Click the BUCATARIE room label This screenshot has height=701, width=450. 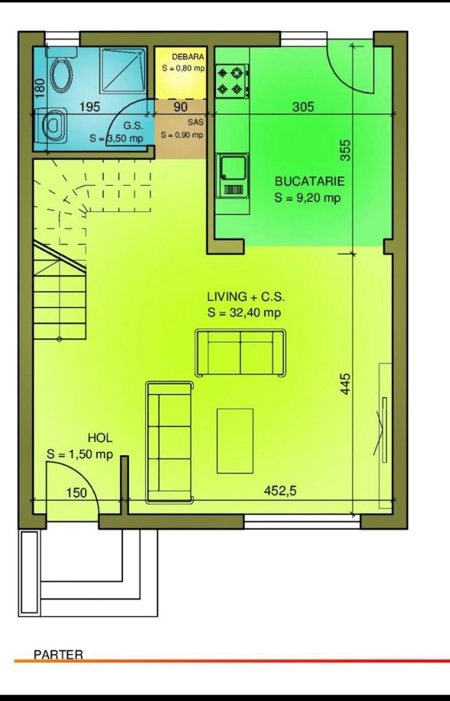click(x=309, y=182)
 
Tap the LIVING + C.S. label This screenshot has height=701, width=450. click(x=245, y=297)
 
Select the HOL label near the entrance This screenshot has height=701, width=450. click(x=100, y=439)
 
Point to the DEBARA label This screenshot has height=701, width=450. click(x=188, y=57)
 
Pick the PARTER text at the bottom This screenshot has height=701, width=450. click(x=58, y=654)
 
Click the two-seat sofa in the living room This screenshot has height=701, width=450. click(x=241, y=352)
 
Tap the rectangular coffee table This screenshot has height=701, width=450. click(x=235, y=441)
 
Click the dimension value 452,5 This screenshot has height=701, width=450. click(x=280, y=491)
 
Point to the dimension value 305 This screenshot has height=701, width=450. click(x=303, y=106)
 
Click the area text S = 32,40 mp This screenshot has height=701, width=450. click(x=244, y=312)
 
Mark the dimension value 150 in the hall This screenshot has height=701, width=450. click(x=77, y=493)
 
